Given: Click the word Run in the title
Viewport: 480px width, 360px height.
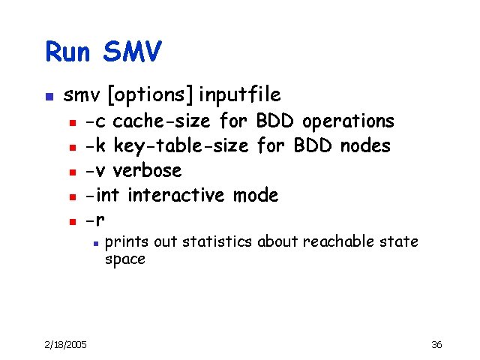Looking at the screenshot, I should (x=69, y=52).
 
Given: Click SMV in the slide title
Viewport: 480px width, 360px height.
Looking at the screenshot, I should (x=132, y=52).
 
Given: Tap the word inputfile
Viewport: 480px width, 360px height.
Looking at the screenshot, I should (x=240, y=95).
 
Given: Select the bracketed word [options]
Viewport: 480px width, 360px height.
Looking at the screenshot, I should (x=151, y=95).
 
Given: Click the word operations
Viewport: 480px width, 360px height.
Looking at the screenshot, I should (x=348, y=121).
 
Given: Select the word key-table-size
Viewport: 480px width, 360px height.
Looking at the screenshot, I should (x=181, y=145).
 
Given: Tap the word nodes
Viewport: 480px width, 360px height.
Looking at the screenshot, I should (x=365, y=145).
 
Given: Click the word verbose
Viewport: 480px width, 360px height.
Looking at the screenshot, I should (x=147, y=171).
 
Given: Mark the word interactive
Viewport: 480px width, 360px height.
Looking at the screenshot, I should (x=176, y=196).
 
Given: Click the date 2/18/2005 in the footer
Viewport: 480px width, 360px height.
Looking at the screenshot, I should (x=65, y=344).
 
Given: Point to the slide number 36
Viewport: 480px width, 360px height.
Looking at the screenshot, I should (x=437, y=344).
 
